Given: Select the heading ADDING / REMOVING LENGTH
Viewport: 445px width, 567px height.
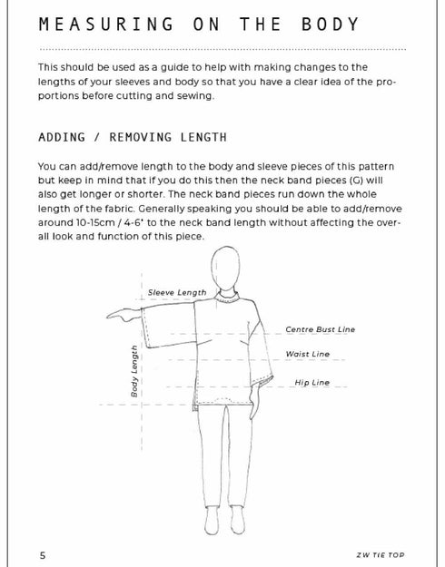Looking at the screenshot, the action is tap(133, 138).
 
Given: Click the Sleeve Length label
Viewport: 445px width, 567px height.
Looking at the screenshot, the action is tap(177, 292).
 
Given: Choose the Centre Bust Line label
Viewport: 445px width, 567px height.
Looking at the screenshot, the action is tap(321, 329).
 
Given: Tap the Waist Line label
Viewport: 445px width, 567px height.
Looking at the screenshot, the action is tap(308, 354).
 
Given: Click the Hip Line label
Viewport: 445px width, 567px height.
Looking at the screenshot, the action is tap(311, 383).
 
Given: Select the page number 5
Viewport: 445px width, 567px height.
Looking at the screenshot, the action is tap(43, 553).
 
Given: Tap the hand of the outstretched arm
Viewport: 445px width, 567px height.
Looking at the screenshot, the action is tap(119, 316).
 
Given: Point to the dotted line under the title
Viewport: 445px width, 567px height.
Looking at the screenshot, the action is tap(222, 48).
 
